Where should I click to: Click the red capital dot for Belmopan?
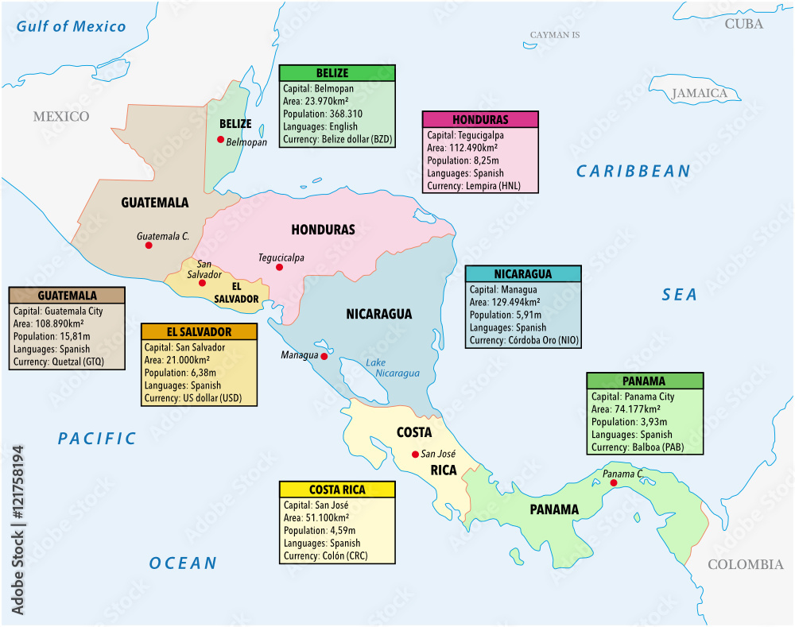tap(221, 139)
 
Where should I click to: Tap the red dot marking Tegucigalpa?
tap(279, 268)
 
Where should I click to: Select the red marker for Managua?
tap(324, 357)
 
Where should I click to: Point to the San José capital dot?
tap(414, 455)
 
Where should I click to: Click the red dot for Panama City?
tap(614, 482)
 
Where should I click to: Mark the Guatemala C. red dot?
tap(149, 246)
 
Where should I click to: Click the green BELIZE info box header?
tap(337, 73)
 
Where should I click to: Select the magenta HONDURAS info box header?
tap(480, 120)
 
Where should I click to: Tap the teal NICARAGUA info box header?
tap(523, 274)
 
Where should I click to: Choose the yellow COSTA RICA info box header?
tap(337, 490)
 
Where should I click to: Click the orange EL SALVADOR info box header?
tap(200, 332)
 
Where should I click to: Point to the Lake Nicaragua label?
tap(381, 368)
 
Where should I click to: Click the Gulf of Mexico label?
tap(72, 26)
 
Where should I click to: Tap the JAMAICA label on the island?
tap(700, 94)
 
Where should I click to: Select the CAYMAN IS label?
tap(555, 35)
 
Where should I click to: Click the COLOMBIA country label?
tap(745, 564)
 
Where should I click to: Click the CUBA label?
tap(744, 24)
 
